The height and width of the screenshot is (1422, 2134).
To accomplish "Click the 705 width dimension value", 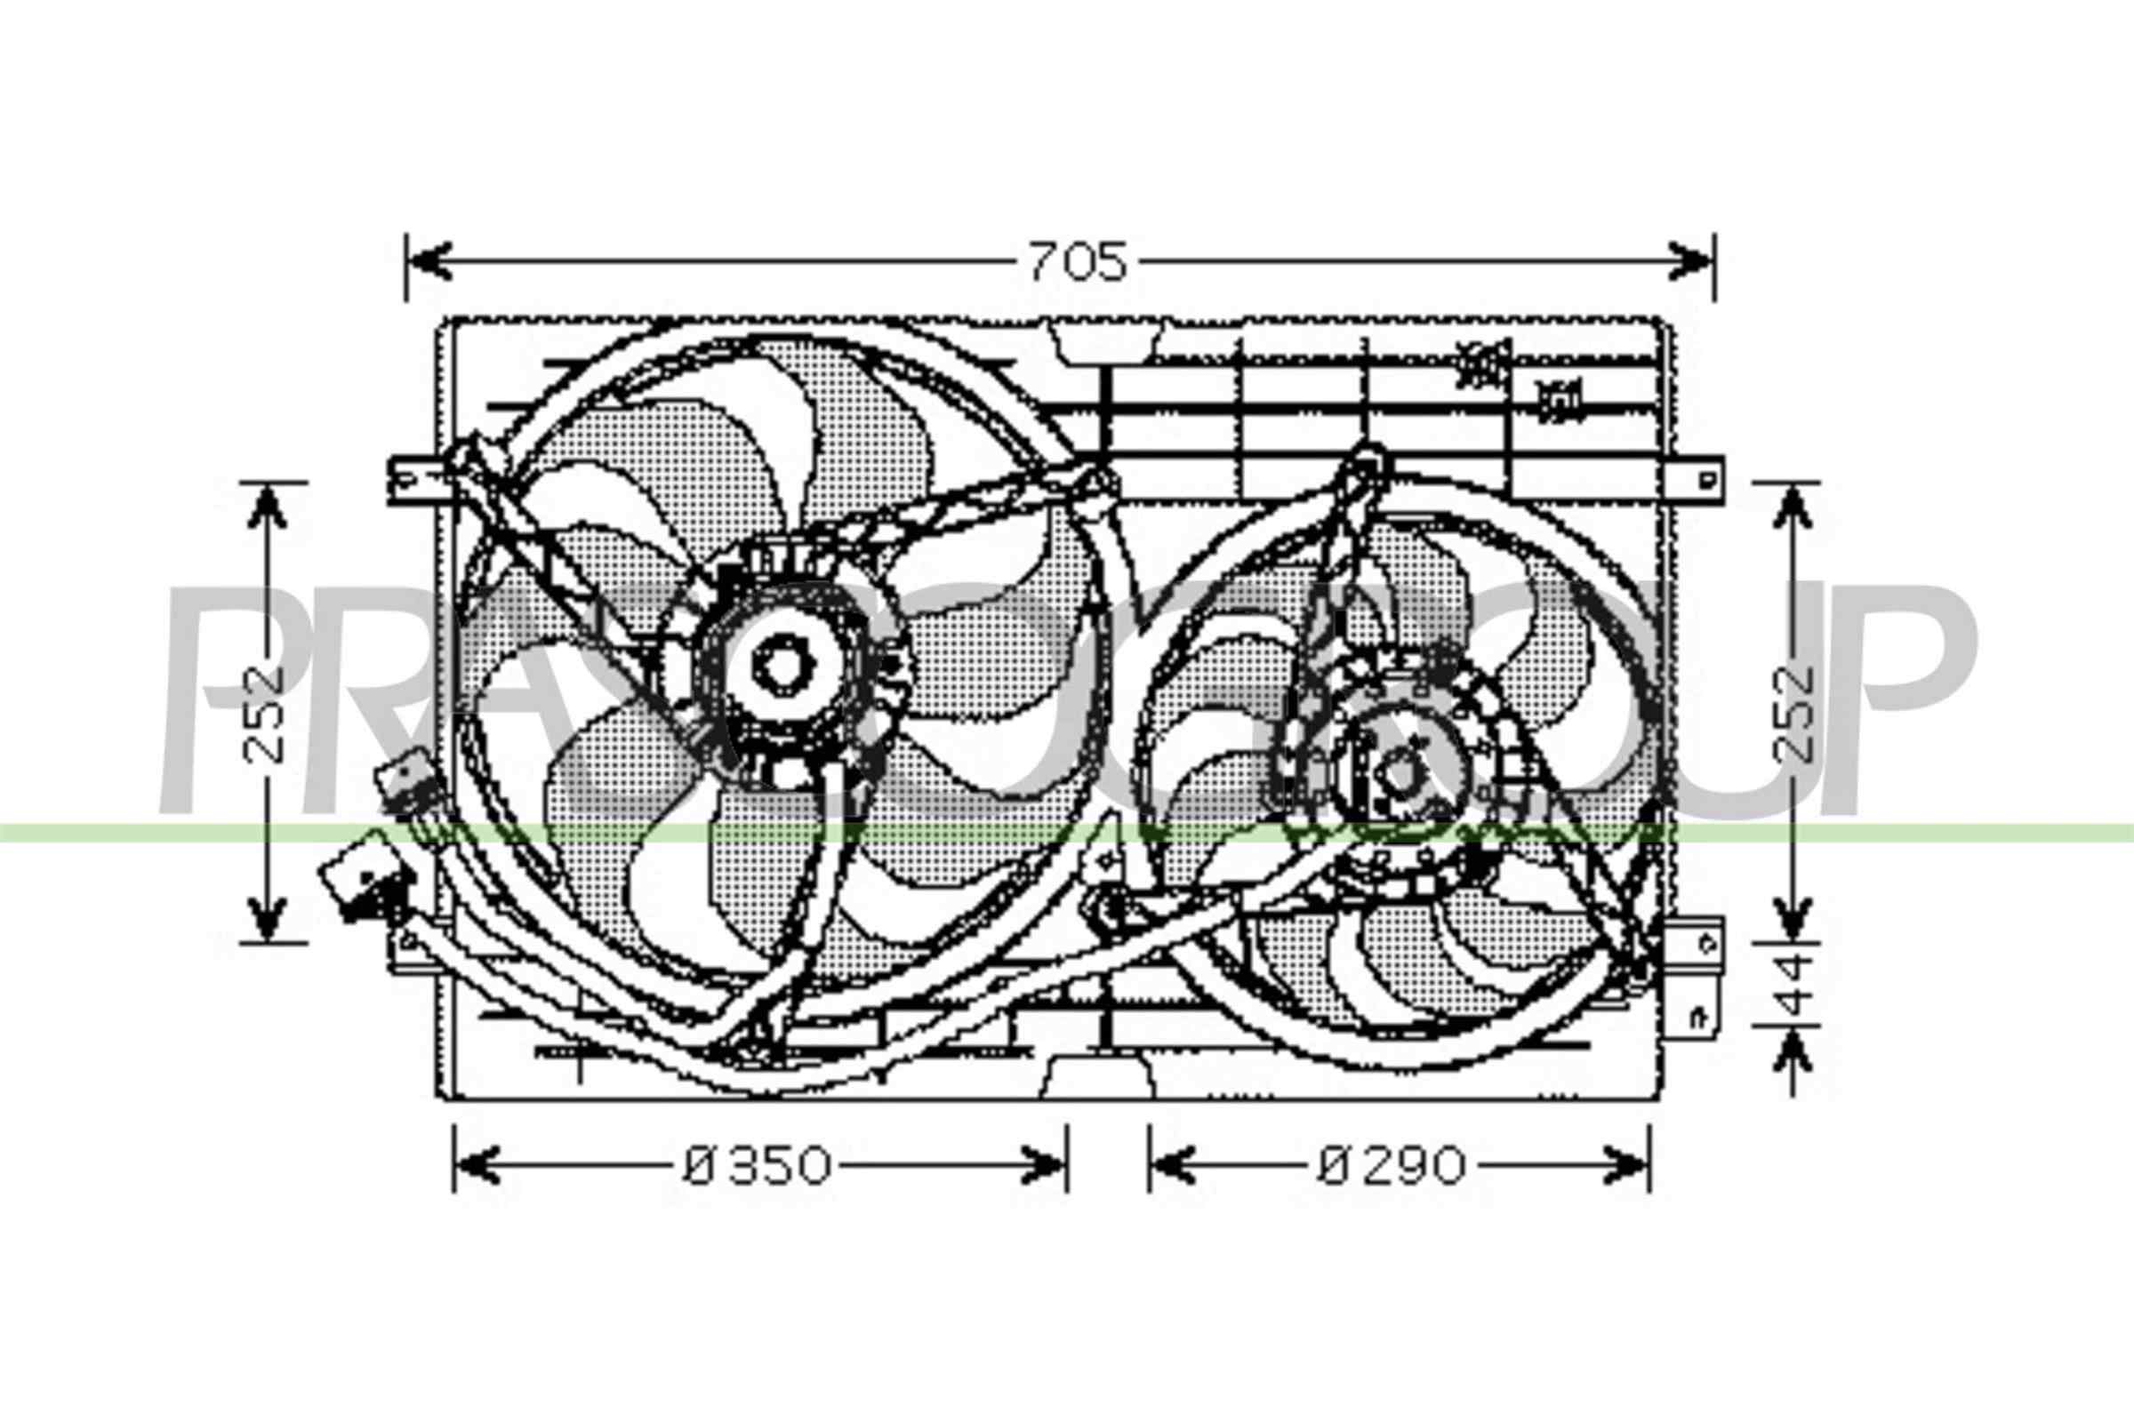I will pyautogui.click(x=1077, y=262).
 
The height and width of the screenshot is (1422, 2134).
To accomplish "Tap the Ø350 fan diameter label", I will pyautogui.click(x=757, y=1166).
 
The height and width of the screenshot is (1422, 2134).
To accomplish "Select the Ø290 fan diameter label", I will pyautogui.click(x=1391, y=1166).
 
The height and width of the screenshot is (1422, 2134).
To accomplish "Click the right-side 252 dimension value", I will pyautogui.click(x=1792, y=714).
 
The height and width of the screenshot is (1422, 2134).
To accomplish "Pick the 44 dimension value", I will pyautogui.click(x=1792, y=985).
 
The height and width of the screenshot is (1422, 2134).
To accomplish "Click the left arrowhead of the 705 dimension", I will pyautogui.click(x=429, y=261).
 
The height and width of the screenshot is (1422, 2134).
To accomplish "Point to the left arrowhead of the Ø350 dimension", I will pyautogui.click(x=476, y=1165).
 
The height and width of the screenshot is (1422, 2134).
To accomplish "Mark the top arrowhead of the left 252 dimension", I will pyautogui.click(x=267, y=506).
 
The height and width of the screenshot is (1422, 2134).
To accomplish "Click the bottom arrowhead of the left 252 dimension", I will pyautogui.click(x=267, y=918).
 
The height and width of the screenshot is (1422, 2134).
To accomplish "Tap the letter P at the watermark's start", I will pyautogui.click(x=236, y=699).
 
